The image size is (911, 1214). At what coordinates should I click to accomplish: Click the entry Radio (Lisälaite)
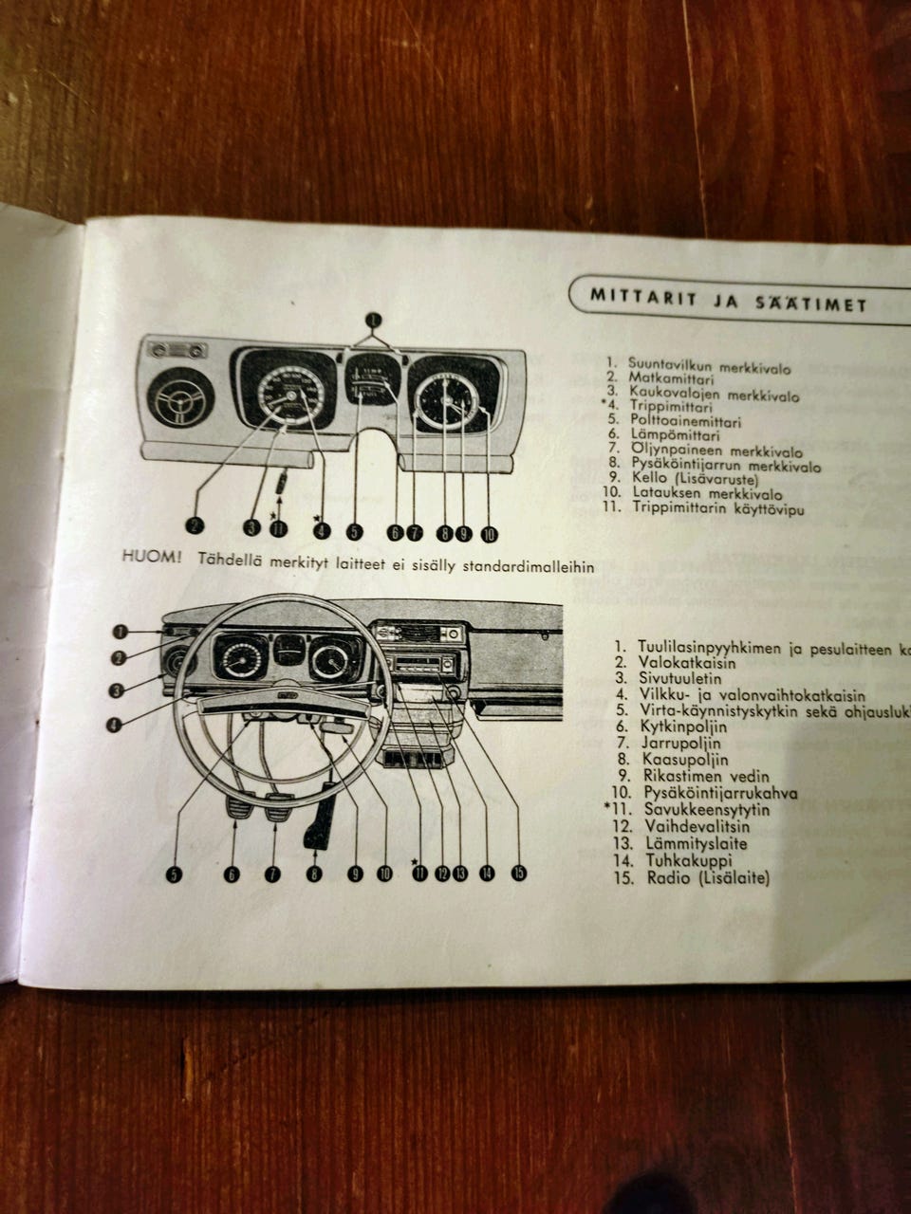point(708,878)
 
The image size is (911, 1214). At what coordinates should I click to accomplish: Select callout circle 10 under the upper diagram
point(489,534)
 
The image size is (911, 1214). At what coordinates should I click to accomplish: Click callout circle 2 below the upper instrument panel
point(194,525)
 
